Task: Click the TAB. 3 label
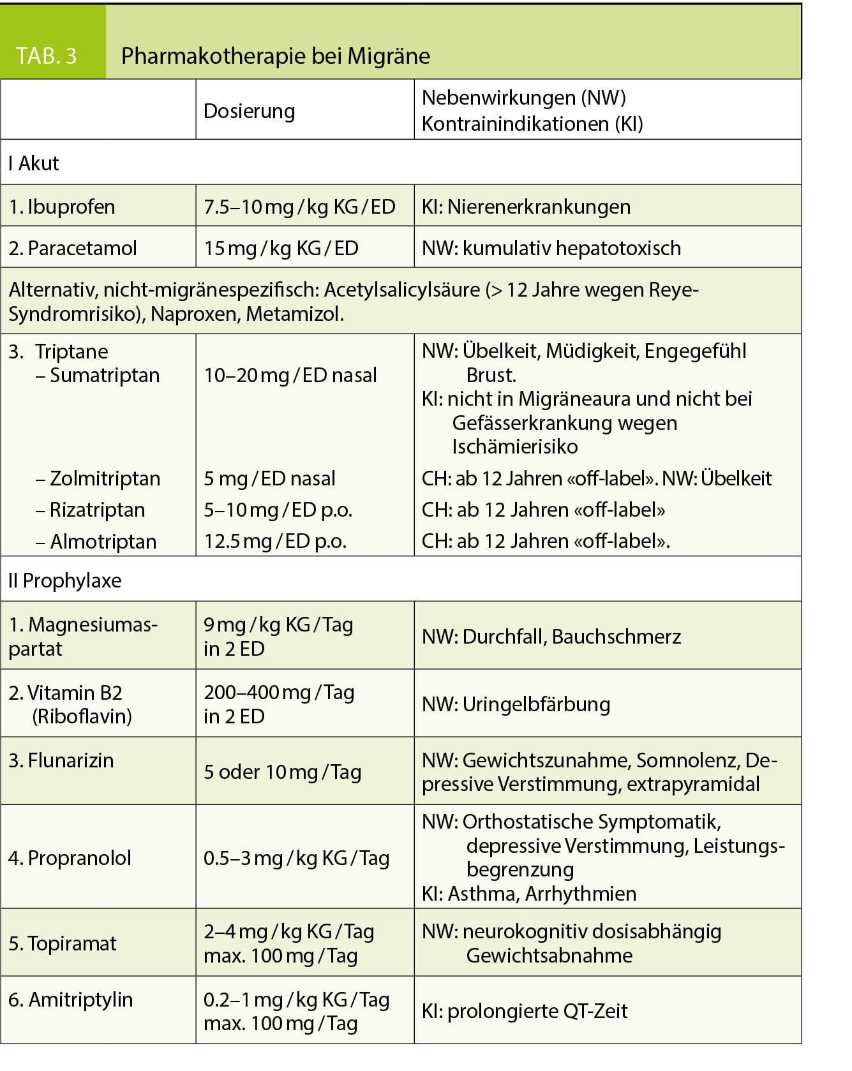[x=46, y=56]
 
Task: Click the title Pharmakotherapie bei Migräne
[x=275, y=56]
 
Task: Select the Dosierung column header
[x=249, y=111]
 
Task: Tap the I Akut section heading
[x=34, y=163]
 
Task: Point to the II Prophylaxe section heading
[x=64, y=580]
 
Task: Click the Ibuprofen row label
[x=62, y=207]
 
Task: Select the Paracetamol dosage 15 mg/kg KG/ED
[x=281, y=248]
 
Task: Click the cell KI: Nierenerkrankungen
[x=526, y=207]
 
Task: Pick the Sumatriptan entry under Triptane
[x=98, y=375]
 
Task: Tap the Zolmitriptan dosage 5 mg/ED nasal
[x=269, y=478]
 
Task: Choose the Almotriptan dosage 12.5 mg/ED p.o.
[x=275, y=541]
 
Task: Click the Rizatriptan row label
[x=91, y=510]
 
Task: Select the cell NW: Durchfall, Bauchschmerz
[x=551, y=636]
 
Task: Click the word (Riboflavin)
[x=82, y=716]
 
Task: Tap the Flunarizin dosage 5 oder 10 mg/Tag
[x=282, y=772]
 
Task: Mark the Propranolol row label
[x=70, y=858]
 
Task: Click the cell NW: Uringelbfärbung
[x=516, y=704]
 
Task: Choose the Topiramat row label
[x=63, y=943]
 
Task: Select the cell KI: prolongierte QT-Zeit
[x=525, y=1011]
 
